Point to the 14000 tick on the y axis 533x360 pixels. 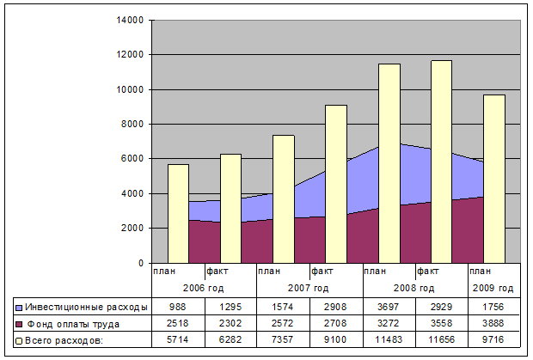click(x=132, y=20)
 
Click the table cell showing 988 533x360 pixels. click(x=178, y=307)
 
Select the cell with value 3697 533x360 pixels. click(x=389, y=307)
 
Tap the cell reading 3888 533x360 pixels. click(x=494, y=324)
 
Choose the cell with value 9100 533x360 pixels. click(x=336, y=341)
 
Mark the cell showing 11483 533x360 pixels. click(x=389, y=341)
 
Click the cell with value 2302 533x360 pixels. click(x=230, y=324)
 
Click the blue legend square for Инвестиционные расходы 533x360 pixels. click(x=18, y=307)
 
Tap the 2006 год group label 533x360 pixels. click(x=205, y=288)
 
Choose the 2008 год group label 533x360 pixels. click(x=415, y=288)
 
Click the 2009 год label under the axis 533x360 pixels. click(x=494, y=288)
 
